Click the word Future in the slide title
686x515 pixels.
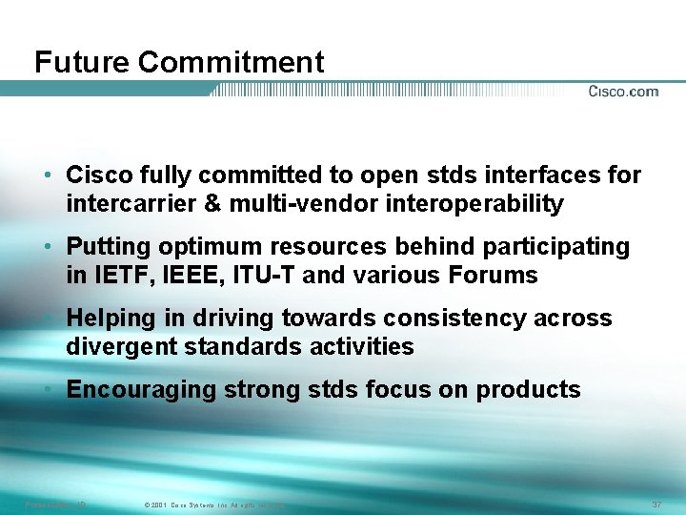point(83,63)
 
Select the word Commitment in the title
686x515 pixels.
point(231,63)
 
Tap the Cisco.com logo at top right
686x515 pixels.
point(623,92)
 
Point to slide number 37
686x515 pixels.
point(656,504)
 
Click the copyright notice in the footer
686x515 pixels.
point(213,505)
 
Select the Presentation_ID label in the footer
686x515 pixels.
point(54,504)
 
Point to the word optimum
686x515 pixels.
point(205,247)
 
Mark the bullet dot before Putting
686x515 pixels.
point(47,248)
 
